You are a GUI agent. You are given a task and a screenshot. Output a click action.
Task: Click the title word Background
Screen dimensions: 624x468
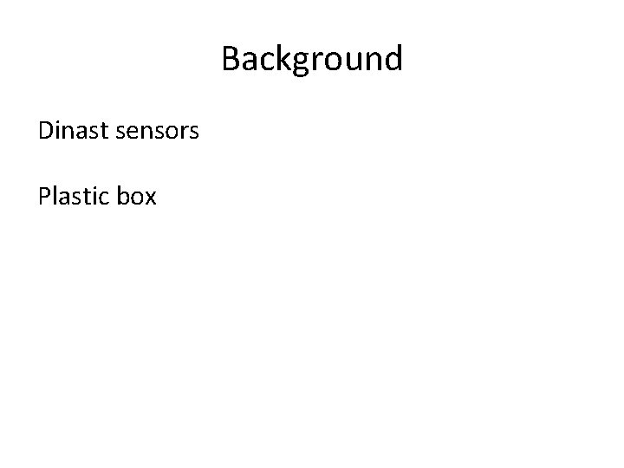312,59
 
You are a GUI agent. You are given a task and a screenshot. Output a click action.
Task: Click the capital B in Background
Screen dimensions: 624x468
231,59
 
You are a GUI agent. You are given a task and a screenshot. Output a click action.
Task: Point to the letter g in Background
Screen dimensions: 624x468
302,62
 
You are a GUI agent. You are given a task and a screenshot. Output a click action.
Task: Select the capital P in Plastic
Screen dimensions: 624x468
44,197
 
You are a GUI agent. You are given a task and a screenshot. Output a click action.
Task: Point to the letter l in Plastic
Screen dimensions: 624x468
54,196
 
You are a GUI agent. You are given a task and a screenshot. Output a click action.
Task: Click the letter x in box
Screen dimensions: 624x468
151,198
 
